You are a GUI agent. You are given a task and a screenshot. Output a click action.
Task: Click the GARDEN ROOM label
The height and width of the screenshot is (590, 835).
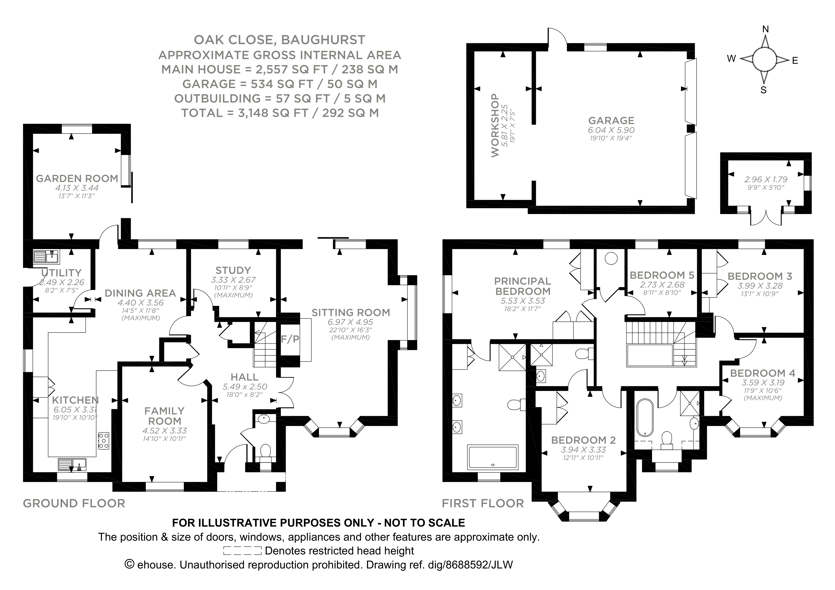pos(77,178)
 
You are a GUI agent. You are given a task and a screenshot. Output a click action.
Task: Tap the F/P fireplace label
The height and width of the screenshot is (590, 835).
pos(290,339)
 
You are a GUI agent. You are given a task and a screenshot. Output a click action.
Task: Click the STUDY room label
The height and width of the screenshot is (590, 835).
pos(233,270)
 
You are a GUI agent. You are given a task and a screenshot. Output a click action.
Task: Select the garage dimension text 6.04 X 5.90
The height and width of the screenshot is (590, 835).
pos(611,130)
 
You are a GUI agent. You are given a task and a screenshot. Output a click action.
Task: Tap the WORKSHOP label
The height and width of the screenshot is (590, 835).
pos(495,125)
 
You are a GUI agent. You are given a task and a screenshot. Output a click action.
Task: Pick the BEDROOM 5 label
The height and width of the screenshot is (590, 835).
pos(662,275)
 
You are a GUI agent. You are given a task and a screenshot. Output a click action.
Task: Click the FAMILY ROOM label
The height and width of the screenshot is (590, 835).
pos(164,416)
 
